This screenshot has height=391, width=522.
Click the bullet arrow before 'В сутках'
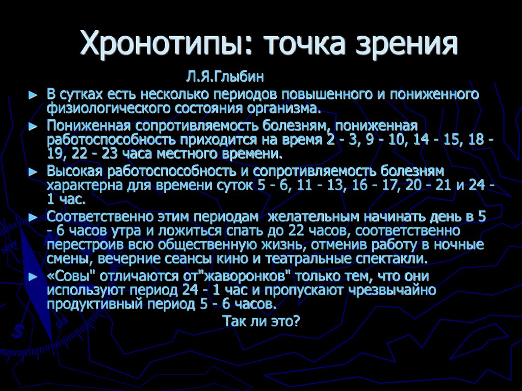pyautogui.click(x=33, y=95)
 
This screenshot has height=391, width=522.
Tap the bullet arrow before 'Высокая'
pyautogui.click(x=33, y=172)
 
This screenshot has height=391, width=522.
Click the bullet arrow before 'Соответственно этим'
pyautogui.click(x=33, y=218)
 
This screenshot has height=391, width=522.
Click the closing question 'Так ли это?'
pyautogui.click(x=261, y=322)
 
